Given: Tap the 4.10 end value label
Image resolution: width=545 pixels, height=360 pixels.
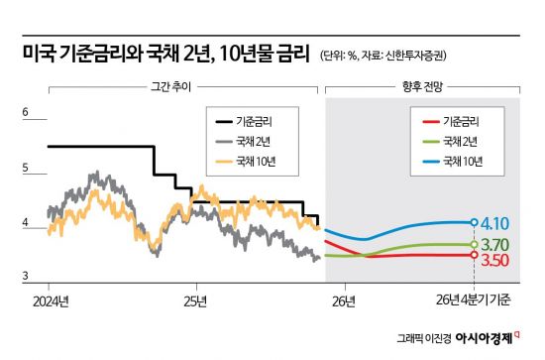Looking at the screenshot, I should click(x=497, y=222).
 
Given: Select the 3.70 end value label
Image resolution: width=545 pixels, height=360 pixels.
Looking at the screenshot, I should click(x=497, y=244).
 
